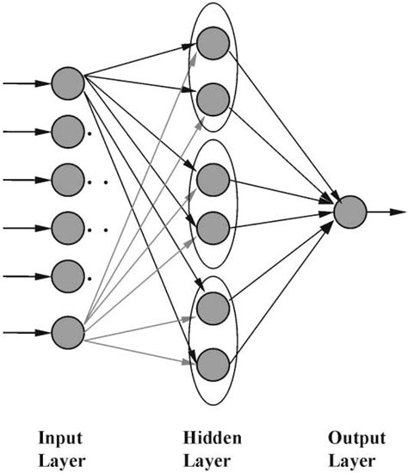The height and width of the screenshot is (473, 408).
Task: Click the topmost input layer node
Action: pos(67,83)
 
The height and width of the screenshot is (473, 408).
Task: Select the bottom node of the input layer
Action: pos(67,332)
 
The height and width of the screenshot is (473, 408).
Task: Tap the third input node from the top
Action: pos(67,181)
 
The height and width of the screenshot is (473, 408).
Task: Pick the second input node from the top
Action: pos(67,132)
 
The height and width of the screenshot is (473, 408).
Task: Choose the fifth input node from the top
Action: pos(67,277)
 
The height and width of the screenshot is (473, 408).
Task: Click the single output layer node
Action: pos(349,211)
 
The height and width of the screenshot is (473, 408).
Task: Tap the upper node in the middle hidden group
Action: pos(212,180)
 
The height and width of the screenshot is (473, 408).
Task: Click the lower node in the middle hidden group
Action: pos(212,229)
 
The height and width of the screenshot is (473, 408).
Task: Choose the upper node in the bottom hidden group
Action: pos(212,306)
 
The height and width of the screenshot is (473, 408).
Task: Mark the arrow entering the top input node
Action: pos(26,83)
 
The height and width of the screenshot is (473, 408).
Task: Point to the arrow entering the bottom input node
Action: pos(26,332)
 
